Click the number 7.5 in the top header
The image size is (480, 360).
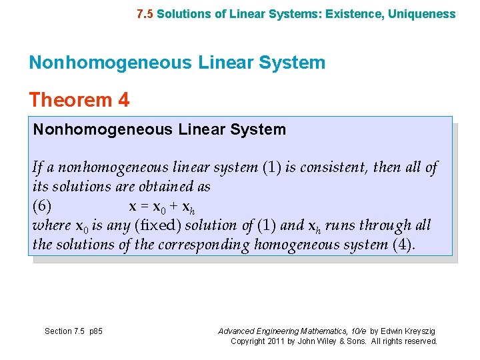pos(145,13)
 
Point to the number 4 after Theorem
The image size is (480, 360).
pos(123,100)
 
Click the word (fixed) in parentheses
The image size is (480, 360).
pos(158,225)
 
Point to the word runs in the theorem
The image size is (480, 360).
pos(344,225)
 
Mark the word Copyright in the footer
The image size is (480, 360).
pos(247,341)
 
